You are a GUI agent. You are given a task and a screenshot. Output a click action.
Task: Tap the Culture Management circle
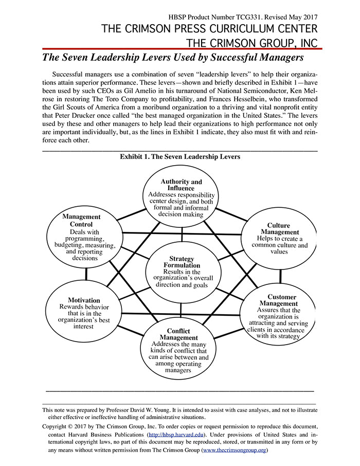[279, 239]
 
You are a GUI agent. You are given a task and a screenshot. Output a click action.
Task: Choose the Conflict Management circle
[178, 350]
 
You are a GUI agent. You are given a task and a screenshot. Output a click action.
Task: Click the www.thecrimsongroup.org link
[235, 451]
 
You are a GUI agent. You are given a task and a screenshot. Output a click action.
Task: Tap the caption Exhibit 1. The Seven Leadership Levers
[179, 157]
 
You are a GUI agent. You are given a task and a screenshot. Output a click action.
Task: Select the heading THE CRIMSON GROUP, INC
[251, 43]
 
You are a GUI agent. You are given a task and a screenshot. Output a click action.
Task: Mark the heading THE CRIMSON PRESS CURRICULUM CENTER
[209, 29]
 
